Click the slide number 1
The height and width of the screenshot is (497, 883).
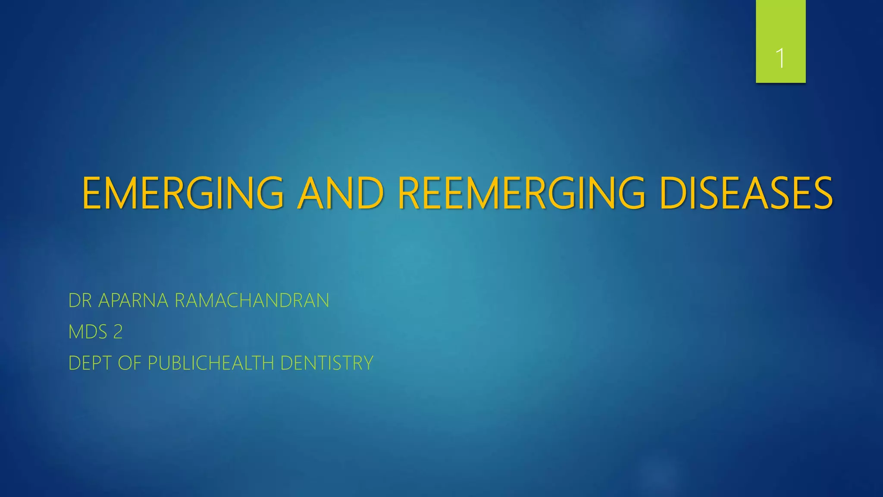click(x=780, y=58)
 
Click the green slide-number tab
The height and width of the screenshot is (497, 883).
click(x=780, y=26)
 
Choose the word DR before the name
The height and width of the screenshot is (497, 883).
click(x=80, y=301)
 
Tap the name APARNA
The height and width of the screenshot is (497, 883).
click(x=133, y=301)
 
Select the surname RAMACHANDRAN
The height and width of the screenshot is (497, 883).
click(x=252, y=301)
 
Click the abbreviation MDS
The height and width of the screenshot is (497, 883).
click(x=88, y=332)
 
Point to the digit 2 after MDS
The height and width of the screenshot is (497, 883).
click(x=118, y=332)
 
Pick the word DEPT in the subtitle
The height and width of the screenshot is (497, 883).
click(x=90, y=363)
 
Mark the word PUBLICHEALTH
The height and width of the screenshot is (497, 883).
click(x=211, y=363)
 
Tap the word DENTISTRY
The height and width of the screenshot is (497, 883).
click(x=327, y=363)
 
